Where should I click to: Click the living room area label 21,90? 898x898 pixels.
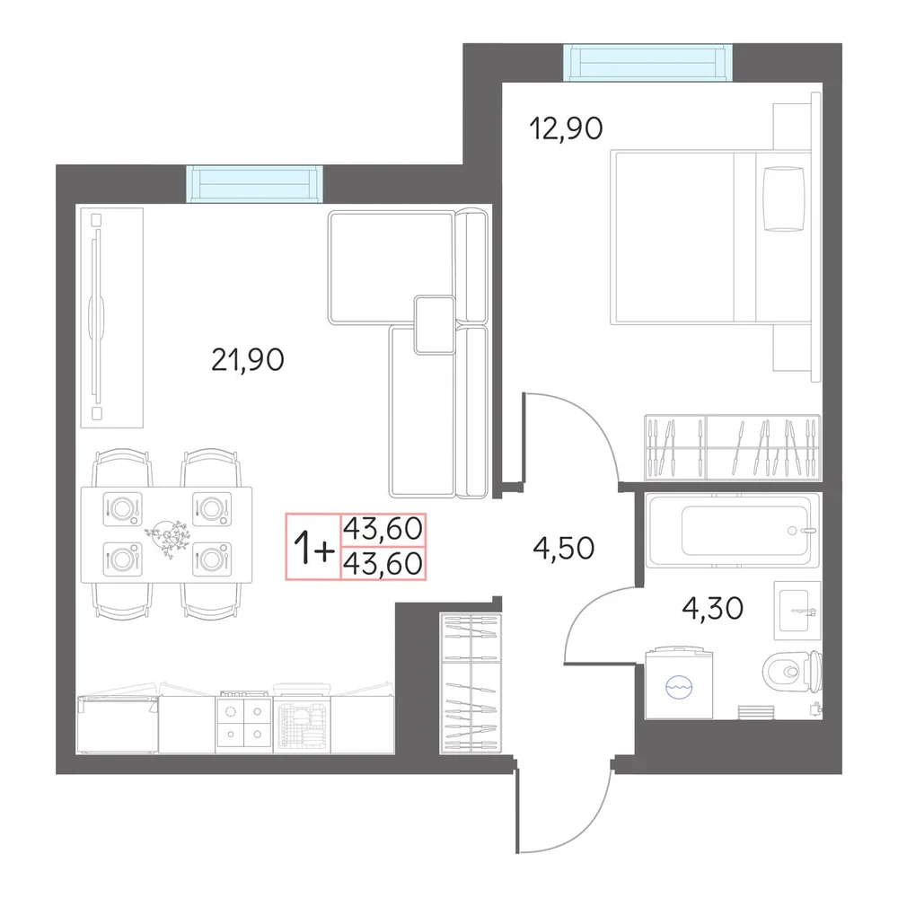248,360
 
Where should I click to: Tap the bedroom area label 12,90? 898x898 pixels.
566,128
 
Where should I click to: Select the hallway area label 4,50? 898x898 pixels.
564,548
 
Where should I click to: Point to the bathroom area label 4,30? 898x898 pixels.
712,608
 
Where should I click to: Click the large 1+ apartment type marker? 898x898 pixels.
313,548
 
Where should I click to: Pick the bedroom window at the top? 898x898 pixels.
647,63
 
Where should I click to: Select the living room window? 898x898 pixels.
255,184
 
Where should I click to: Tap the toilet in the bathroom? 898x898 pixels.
792,670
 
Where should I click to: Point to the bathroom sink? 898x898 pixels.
797,611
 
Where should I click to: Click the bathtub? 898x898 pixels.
732,531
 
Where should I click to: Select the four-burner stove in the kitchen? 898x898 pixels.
244,723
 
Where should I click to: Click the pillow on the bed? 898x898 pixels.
784,198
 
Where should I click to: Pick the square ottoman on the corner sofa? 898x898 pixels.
435,325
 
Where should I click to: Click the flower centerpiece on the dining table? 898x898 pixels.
167,536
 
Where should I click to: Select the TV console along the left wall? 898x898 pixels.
111,317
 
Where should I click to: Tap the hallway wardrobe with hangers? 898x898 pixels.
471,683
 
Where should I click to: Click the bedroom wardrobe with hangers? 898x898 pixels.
733,447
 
